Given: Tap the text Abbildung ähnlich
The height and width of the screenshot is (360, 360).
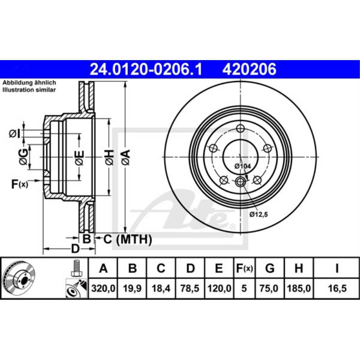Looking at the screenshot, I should point(29,83).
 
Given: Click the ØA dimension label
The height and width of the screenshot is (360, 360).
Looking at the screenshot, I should point(125,157).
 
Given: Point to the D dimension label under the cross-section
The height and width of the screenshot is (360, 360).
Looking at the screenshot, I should point(75,248).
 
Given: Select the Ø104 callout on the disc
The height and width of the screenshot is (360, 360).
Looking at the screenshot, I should point(242,166).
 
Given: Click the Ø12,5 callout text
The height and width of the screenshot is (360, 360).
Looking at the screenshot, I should point(259,215).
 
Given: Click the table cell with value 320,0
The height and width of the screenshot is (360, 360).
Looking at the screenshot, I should point(103,288).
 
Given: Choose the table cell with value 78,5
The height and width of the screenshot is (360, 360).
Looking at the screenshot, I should point(190,288).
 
